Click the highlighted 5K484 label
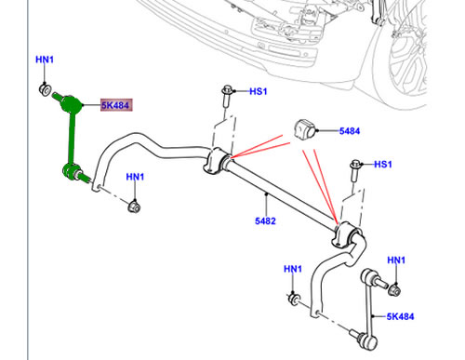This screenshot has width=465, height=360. point(116,105)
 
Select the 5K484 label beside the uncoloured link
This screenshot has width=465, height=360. point(400,316)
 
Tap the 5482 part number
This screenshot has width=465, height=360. point(265,221)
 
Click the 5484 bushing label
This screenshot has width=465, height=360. point(350,131)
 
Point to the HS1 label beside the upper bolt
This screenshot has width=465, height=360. point(259,91)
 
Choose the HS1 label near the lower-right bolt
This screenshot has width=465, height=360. point(383,164)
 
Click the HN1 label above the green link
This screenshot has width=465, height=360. point(45,60)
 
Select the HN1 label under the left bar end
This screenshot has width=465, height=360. point(135,177)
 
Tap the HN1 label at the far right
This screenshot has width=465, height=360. point(396,260)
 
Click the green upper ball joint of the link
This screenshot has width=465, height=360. point(71,105)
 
